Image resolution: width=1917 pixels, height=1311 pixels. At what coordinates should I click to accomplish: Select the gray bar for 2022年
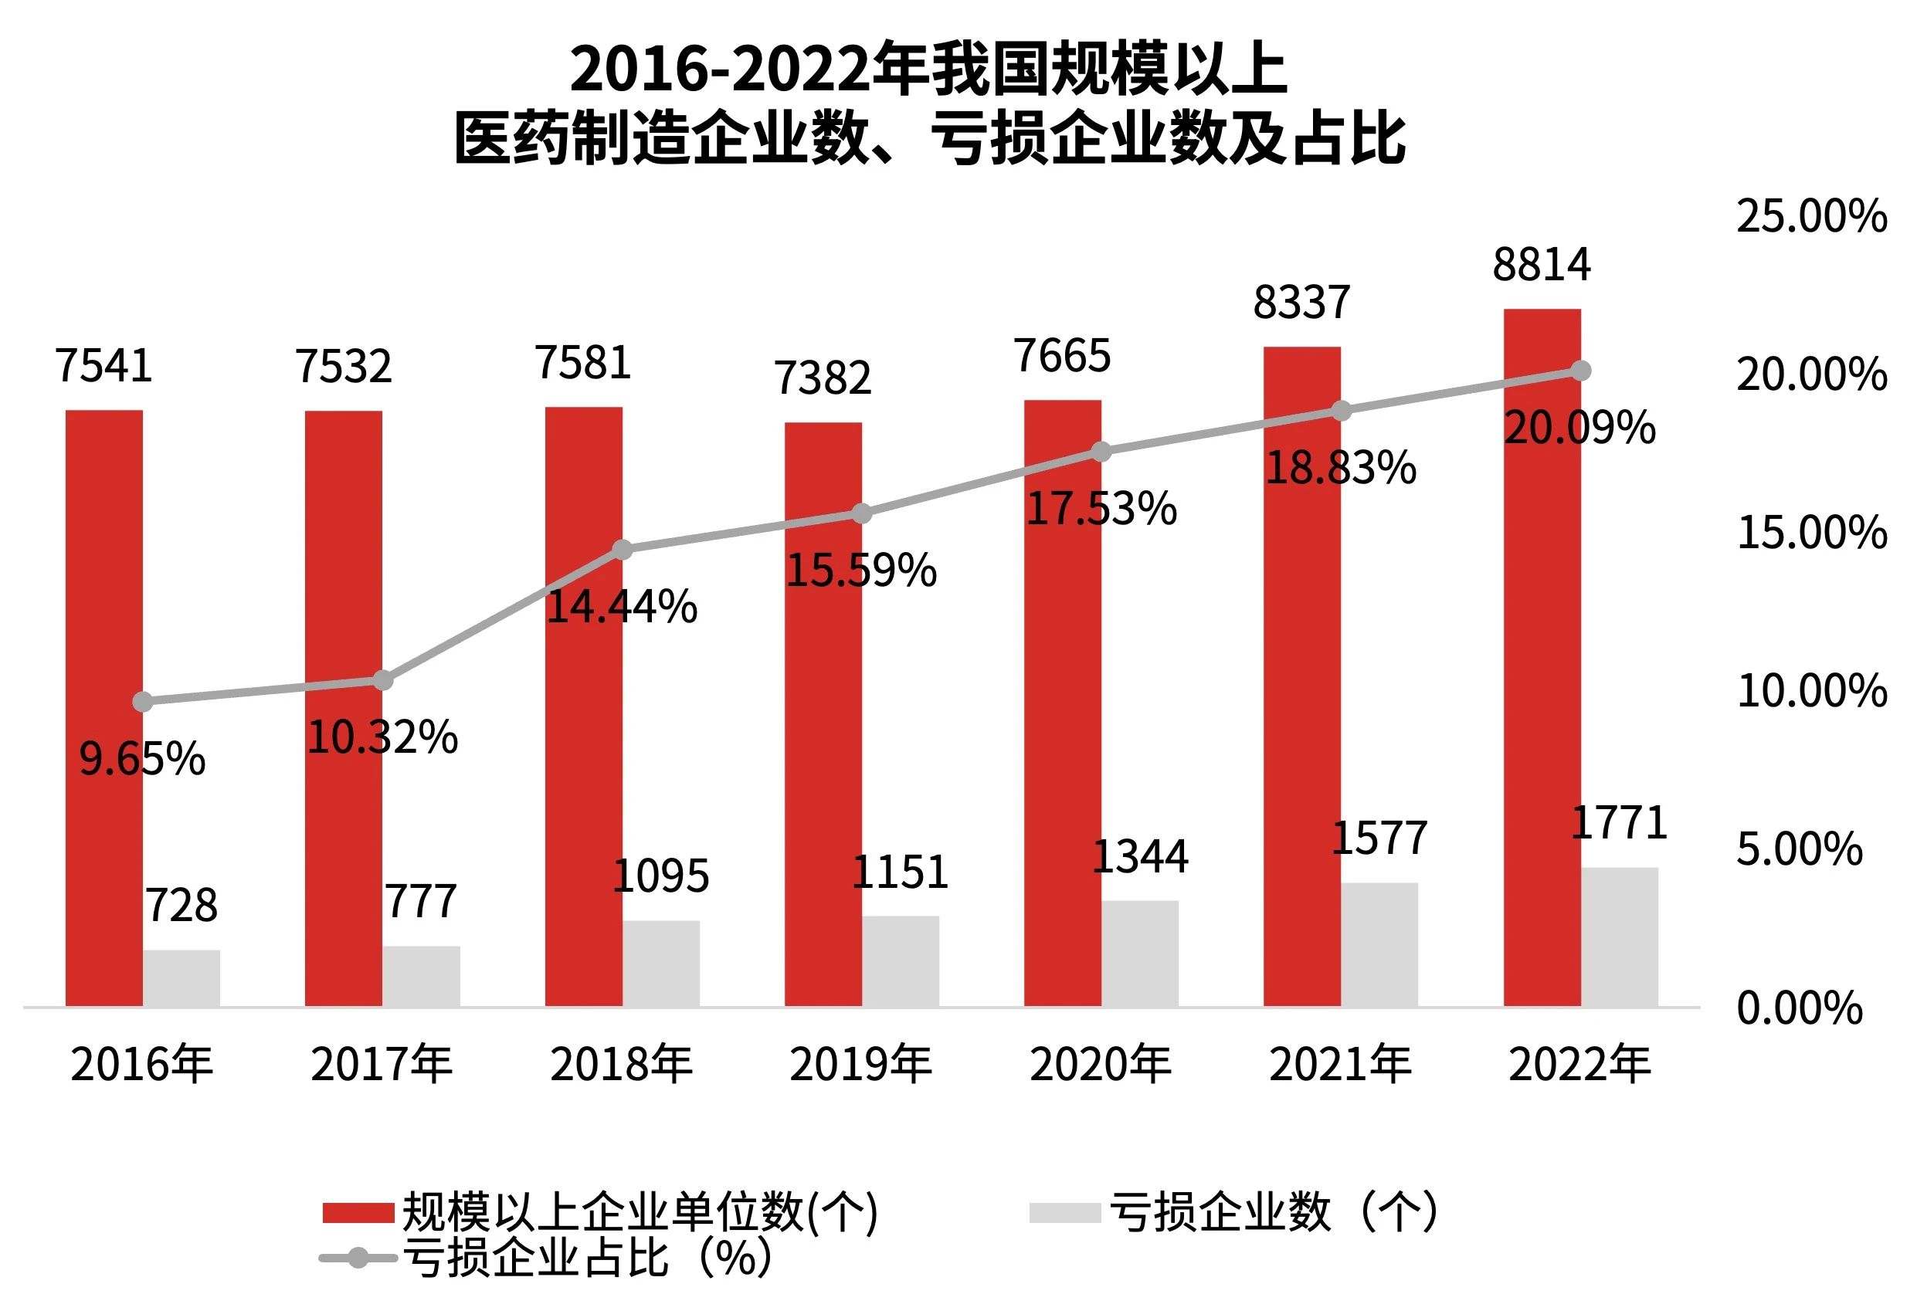point(1618,937)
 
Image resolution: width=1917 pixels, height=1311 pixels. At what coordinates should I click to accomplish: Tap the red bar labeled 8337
point(1301,676)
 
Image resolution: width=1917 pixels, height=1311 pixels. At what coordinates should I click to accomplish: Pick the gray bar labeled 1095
point(660,963)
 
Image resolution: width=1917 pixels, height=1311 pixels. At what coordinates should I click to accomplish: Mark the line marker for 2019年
point(861,513)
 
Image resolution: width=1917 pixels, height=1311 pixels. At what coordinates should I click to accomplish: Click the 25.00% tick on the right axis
point(1811,216)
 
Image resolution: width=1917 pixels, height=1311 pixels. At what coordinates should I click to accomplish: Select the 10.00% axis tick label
point(1811,691)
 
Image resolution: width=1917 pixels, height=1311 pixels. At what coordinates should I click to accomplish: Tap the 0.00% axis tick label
point(1799,1008)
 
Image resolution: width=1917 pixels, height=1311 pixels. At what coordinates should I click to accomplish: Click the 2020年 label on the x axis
point(1101,1065)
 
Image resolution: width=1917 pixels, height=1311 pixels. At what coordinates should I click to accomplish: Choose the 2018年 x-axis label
point(621,1065)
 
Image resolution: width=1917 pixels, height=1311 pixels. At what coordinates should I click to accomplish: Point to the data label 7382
point(823,378)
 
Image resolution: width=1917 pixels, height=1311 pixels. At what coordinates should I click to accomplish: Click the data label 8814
point(1541,266)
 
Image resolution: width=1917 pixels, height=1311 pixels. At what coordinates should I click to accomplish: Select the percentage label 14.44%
point(622,607)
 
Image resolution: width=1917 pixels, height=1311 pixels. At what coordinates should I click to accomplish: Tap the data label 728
point(182,906)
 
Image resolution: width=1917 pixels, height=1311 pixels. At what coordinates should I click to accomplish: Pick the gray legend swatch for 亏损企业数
point(1064,1213)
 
